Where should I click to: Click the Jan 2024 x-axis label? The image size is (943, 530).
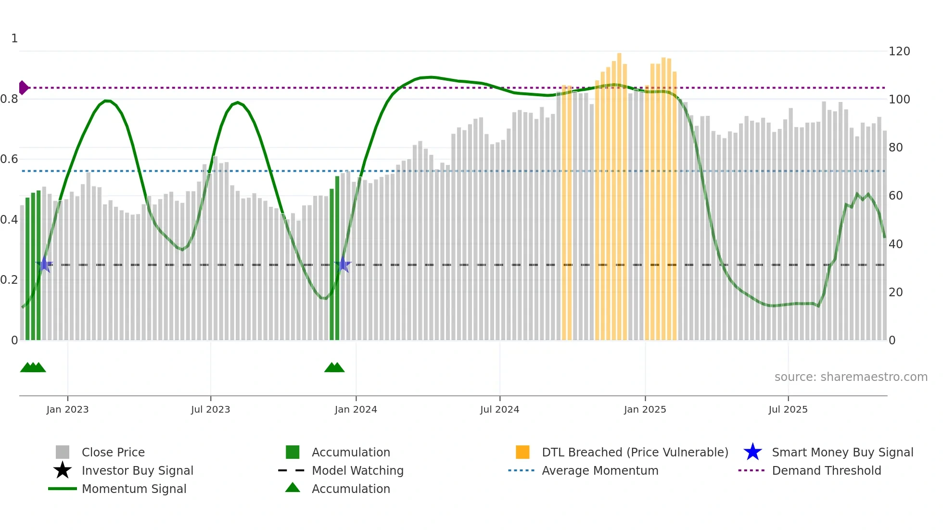click(356, 409)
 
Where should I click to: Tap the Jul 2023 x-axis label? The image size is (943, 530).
click(210, 409)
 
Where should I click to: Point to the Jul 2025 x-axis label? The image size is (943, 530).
click(788, 409)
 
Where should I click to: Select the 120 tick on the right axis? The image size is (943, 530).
click(899, 51)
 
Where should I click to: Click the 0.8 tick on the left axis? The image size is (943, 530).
click(10, 99)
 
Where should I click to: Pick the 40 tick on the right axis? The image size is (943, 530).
click(895, 244)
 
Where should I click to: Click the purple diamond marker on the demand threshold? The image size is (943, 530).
click(23, 88)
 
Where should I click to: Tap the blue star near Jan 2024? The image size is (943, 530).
click(343, 265)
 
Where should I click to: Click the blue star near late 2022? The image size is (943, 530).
click(44, 264)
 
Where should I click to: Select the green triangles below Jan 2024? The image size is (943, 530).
click(334, 367)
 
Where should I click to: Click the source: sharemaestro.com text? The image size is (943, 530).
click(851, 377)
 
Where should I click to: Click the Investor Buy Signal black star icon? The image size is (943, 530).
click(63, 470)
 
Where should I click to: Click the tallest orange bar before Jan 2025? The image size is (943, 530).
click(619, 192)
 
